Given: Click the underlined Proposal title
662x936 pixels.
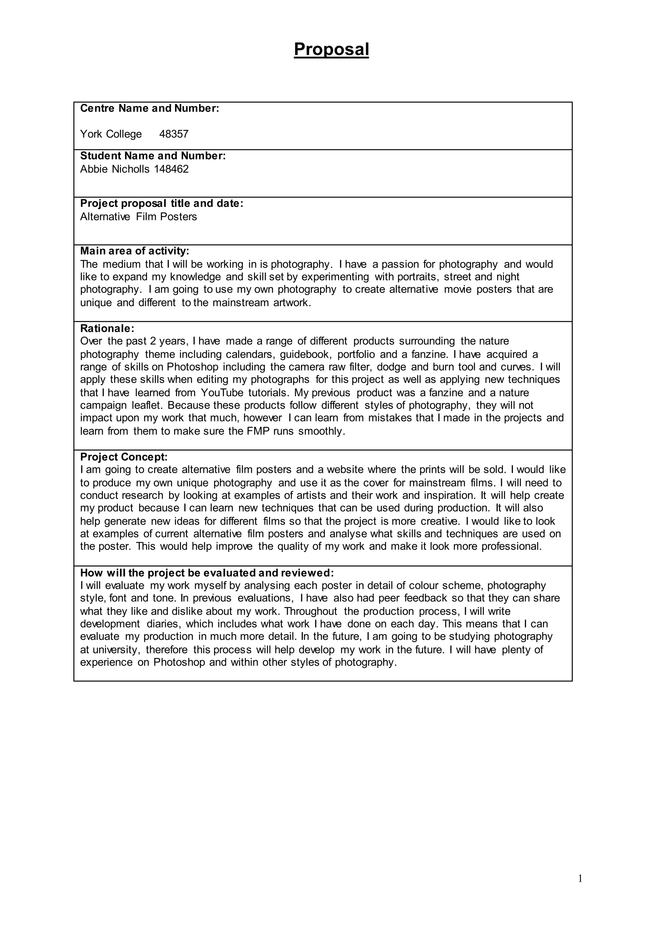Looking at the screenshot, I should click(x=331, y=49).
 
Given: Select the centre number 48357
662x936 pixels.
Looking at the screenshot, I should click(x=174, y=134).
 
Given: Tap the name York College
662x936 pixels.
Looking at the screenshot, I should click(x=111, y=134).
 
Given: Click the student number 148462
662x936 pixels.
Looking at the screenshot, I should click(x=171, y=169).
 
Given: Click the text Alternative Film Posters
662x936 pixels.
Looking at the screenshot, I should click(x=138, y=217).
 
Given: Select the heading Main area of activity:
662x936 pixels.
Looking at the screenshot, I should click(x=134, y=251).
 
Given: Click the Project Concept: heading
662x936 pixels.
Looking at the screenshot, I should click(x=123, y=457).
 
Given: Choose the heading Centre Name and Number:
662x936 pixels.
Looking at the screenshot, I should click(x=149, y=109).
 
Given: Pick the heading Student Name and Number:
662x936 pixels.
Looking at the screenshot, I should click(x=153, y=156).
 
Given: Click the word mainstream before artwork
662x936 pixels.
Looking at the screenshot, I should click(x=240, y=303).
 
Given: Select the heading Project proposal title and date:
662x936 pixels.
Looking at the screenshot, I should click(x=161, y=203).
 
